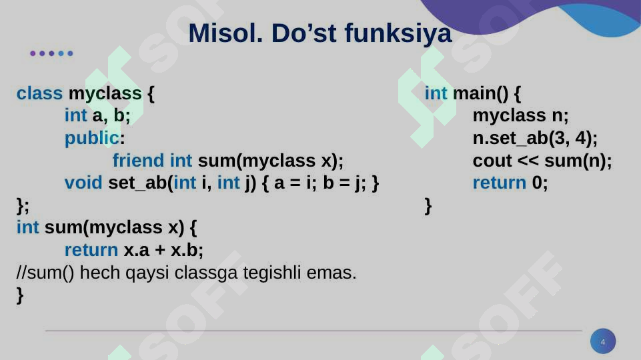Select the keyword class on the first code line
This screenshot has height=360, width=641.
click(39, 93)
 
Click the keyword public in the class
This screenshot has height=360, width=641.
click(91, 138)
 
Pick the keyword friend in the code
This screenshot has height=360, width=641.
click(138, 161)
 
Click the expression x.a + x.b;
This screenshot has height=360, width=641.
click(163, 251)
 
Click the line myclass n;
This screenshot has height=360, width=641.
click(520, 116)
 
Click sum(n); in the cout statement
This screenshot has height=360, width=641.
click(578, 161)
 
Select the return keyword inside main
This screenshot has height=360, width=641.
click(500, 183)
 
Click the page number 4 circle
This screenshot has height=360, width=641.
click(603, 341)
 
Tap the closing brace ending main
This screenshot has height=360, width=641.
click(428, 206)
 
